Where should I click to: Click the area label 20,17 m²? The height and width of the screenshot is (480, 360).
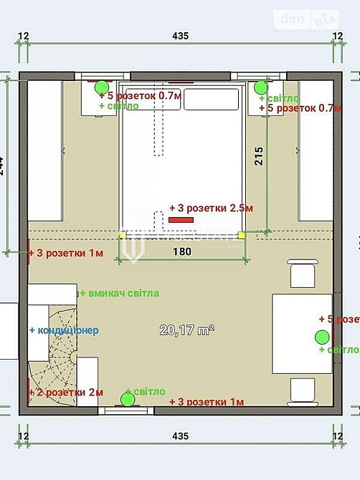point(187,330)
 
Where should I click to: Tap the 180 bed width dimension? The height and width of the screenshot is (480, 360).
point(183,251)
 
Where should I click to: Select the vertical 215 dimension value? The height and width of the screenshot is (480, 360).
point(259,156)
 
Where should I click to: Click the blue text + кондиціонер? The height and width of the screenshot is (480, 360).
point(64,330)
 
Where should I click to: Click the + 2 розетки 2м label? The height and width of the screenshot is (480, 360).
point(66,393)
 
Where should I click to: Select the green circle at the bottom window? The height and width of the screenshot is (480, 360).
point(129,400)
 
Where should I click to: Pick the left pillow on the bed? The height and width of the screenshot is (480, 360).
point(152,100)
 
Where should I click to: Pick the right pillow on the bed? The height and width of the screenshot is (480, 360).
point(210,100)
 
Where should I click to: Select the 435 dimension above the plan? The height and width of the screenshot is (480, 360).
point(180,35)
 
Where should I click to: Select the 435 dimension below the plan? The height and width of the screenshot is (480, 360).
point(180,436)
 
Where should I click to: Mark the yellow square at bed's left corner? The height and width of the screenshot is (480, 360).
point(122,234)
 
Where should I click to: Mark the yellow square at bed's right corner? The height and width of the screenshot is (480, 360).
point(242,234)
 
